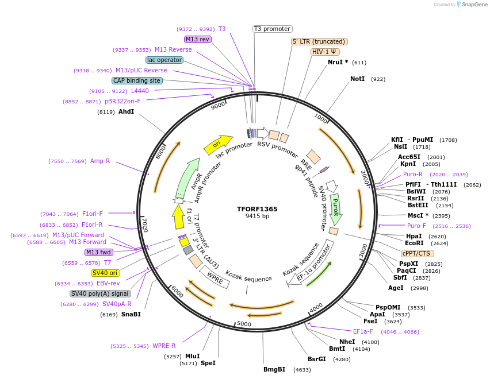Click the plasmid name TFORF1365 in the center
coord(257,209)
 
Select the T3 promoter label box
coord(272,29)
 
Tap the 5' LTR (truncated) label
coord(319,41)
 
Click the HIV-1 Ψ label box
coord(324,52)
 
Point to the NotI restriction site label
coord(357,79)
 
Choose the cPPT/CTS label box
coord(418,253)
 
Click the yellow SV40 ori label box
coord(105,273)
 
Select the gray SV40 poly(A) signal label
coord(101,293)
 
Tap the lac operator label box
coord(164,60)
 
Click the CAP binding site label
coord(137,81)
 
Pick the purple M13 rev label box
coord(197,39)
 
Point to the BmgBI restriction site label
coord(274,369)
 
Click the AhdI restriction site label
coord(126,111)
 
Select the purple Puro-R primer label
coord(412,174)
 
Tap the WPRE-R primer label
coord(164,346)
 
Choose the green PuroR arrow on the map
coord(335,208)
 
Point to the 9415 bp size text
coord(257,216)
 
